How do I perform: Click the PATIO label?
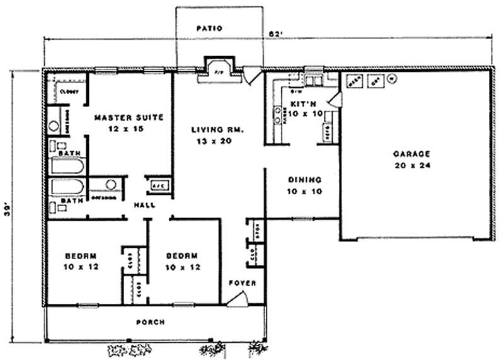tap(209, 28)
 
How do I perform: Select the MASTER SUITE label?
tap(129, 117)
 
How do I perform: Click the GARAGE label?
tap(411, 153)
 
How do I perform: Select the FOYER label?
tap(242, 283)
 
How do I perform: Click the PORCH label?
tap(151, 322)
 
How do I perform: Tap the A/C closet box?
tap(158, 185)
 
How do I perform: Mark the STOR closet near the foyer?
tap(256, 230)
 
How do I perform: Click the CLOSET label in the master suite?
tap(68, 92)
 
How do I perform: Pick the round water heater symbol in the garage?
tap(392, 79)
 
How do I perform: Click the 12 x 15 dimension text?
tap(129, 129)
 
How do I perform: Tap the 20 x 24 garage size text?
tap(411, 165)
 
